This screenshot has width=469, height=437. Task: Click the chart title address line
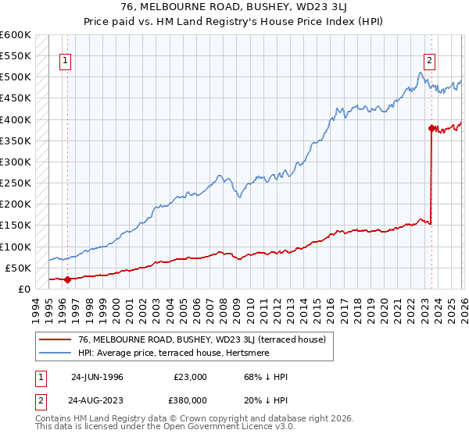point(234,6)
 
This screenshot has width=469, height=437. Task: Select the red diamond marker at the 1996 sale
point(67,279)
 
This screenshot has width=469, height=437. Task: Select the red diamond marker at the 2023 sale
point(431,128)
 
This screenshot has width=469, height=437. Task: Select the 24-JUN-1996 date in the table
point(97,376)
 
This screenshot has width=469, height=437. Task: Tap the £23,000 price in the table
point(190,376)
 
